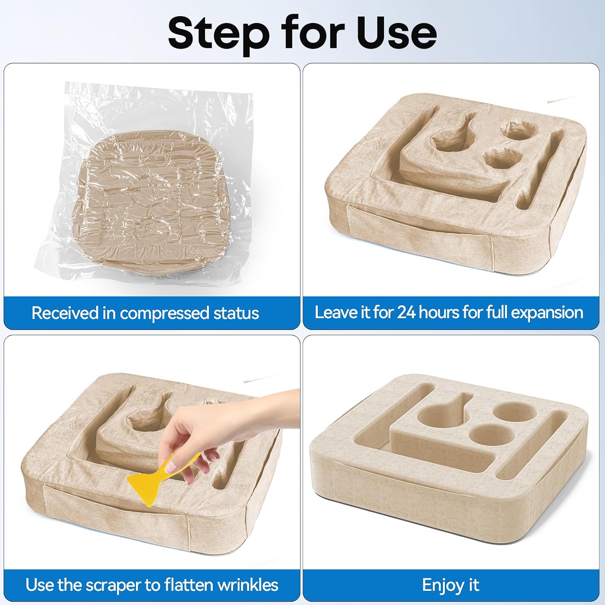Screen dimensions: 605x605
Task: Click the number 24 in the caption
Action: [x=407, y=313]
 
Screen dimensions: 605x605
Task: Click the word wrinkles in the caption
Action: [x=246, y=585]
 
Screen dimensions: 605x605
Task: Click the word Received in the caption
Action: [x=65, y=313]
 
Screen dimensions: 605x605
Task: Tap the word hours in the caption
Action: [x=440, y=313]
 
